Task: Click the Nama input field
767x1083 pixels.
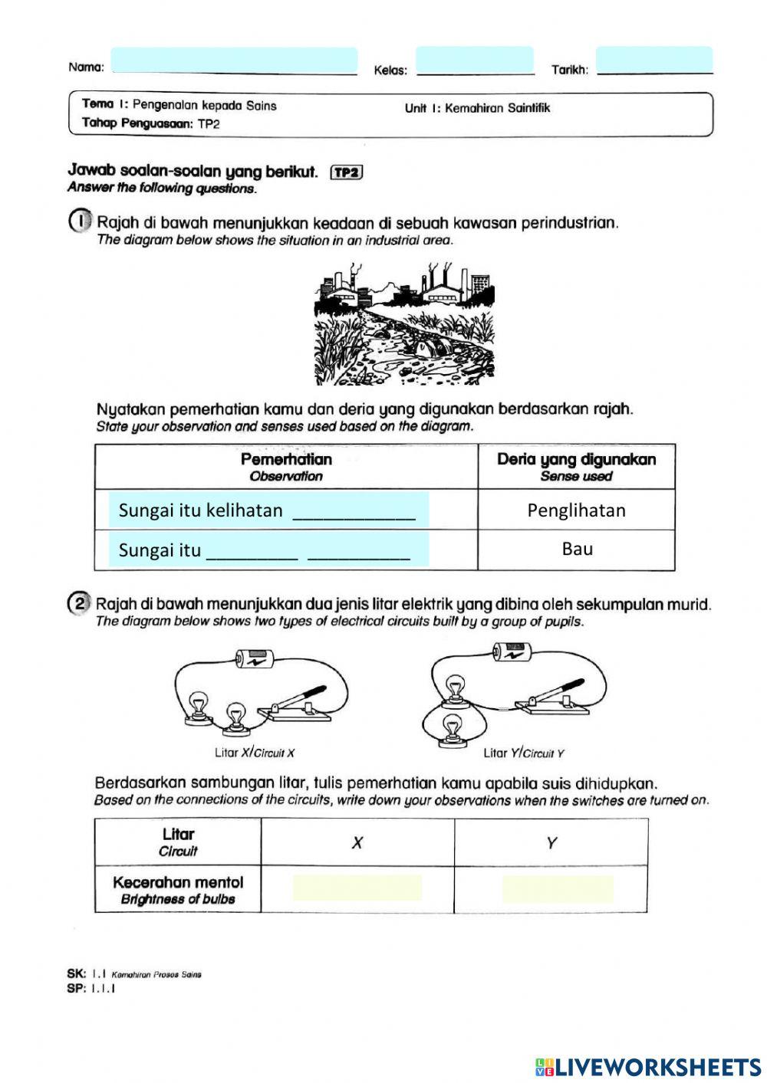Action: coord(234,61)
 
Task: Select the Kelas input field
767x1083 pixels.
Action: coord(474,60)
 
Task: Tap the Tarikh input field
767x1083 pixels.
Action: coord(653,60)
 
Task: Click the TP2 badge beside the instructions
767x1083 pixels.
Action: coord(346,172)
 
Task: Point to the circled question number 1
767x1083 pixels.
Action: coord(80,222)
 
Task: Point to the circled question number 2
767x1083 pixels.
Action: coord(80,604)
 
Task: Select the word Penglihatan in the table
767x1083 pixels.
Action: coord(576,510)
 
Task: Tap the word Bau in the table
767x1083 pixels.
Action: coord(577,549)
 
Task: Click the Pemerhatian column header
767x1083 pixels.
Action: coord(286,466)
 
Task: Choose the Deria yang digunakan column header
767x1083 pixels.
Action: coord(576,466)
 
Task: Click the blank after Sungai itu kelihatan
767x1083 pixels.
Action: coord(354,511)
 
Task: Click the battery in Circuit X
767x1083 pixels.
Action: coord(254,658)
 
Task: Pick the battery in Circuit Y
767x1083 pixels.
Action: coord(512,651)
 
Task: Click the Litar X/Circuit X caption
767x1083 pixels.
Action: coord(254,753)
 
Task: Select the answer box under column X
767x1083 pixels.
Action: coord(357,888)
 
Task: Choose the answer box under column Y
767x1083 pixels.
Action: coord(558,888)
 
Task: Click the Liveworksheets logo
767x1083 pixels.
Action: coord(648,1067)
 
